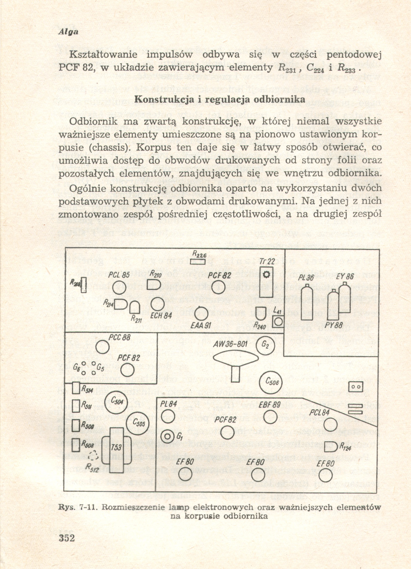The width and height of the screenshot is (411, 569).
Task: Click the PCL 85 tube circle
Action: (119, 287)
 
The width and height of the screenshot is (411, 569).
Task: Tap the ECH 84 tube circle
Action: (158, 304)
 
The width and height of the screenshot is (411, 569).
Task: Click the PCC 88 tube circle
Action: (102, 347)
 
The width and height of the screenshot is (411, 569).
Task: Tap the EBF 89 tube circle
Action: (270, 417)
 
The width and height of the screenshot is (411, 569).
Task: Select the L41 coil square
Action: (278, 322)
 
